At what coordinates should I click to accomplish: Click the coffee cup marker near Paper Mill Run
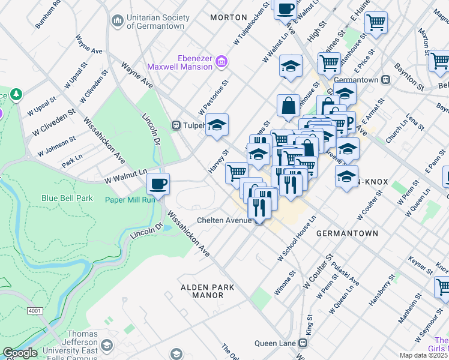pyautogui.click(x=158, y=184)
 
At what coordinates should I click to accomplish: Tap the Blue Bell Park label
pyautogui.click(x=67, y=198)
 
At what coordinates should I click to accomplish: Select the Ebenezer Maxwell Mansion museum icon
pyautogui.click(x=221, y=61)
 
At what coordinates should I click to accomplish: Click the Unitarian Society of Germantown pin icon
pyautogui.click(x=117, y=20)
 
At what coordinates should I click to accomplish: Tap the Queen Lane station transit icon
pyautogui.click(x=303, y=343)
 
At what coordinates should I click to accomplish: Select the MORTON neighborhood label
pyautogui.click(x=229, y=17)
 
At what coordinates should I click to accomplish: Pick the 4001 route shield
pyautogui.click(x=35, y=310)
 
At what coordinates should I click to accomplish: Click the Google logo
pyautogui.click(x=19, y=353)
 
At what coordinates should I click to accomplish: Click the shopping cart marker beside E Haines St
pyautogui.click(x=376, y=23)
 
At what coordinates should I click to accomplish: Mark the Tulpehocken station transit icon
pyautogui.click(x=176, y=125)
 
